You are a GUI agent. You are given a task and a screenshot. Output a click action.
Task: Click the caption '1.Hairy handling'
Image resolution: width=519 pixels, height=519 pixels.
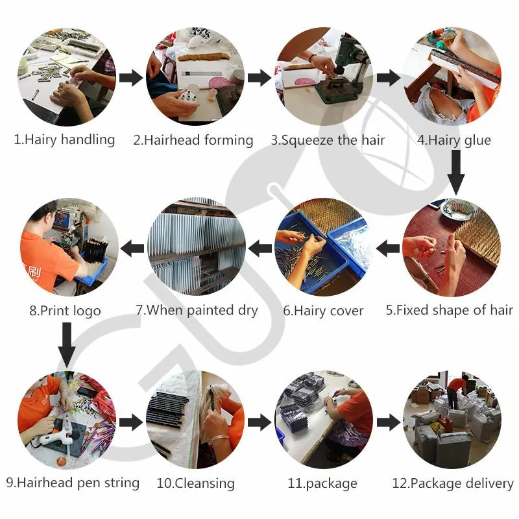point(64,139)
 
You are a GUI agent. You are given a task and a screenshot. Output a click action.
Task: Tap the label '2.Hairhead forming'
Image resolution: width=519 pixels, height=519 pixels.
point(193,140)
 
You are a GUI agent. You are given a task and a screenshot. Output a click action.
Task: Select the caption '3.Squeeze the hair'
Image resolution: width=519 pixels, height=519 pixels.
point(328,140)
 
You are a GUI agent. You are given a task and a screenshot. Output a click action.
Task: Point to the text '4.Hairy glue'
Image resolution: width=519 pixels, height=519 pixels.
point(453,140)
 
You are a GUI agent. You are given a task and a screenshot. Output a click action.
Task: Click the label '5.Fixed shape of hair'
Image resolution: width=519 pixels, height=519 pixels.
point(449,310)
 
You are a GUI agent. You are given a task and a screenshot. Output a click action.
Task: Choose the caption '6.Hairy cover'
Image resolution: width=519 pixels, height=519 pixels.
point(323,311)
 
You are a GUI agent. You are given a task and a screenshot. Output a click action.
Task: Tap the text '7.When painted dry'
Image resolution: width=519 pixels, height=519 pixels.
point(197,310)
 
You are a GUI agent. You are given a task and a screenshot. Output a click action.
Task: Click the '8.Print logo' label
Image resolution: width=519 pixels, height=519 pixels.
point(65,311)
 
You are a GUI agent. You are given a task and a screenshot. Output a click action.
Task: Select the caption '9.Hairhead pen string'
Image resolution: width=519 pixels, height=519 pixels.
point(73,483)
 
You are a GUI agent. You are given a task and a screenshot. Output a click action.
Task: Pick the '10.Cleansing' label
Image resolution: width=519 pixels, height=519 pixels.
point(196,483)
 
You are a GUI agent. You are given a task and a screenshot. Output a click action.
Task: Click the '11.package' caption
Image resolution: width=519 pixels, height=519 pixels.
point(322,483)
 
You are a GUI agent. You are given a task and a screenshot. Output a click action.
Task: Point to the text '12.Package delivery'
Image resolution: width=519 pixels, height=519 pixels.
point(453,483)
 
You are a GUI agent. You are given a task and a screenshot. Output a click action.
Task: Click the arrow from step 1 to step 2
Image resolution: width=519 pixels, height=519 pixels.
point(131,78)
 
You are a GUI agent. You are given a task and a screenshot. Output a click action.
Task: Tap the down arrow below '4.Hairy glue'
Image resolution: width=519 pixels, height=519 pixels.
point(456,173)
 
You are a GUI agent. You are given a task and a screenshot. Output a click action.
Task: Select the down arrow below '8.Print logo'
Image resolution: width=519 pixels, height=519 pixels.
point(67,345)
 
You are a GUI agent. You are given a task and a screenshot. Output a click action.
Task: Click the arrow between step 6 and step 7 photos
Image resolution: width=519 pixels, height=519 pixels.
point(260,248)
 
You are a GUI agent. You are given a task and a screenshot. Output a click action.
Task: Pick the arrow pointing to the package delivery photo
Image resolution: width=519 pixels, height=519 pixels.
point(389,422)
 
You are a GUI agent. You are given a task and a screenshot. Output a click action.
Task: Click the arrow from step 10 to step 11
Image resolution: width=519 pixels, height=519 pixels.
point(259,422)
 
